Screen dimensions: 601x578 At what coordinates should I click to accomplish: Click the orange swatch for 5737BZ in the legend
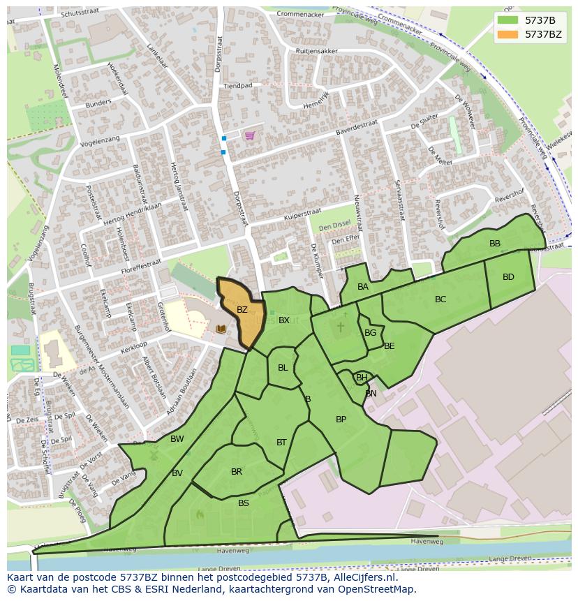click(508, 34)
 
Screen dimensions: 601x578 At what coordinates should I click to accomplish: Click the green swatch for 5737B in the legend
click(508, 20)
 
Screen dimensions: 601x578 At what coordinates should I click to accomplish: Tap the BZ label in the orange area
click(242, 310)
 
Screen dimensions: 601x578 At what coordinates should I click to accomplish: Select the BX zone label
click(284, 320)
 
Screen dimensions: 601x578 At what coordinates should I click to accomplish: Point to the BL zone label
click(283, 368)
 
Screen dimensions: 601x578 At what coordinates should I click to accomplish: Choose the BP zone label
click(341, 420)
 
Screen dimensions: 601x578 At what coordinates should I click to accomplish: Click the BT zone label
click(281, 442)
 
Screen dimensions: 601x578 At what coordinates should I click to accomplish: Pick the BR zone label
click(237, 472)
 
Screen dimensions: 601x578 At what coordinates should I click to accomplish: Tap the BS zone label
click(244, 503)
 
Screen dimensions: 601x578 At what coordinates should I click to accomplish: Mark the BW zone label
click(177, 439)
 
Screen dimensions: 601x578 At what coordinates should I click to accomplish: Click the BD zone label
click(508, 277)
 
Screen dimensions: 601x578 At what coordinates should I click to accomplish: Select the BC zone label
click(440, 299)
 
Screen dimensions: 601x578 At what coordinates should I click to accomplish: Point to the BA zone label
click(363, 287)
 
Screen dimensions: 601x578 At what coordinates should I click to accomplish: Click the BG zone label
click(370, 333)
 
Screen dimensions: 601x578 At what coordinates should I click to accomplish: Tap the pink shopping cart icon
click(249, 135)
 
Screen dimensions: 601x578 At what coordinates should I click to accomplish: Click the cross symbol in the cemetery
click(341, 326)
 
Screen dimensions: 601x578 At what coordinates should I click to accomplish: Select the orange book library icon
click(221, 329)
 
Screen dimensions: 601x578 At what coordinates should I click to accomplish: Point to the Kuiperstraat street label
click(302, 214)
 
